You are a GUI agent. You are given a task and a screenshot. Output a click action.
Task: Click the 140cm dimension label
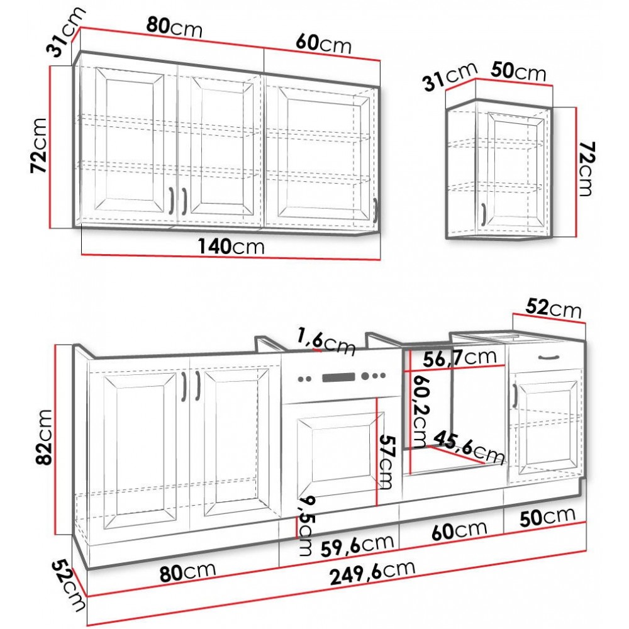click(x=231, y=246)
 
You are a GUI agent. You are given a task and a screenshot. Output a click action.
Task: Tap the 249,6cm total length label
click(x=372, y=572)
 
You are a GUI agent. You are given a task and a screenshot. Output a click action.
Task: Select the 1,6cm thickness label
click(x=326, y=342)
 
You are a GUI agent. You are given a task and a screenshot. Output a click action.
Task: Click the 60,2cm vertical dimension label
click(x=420, y=411)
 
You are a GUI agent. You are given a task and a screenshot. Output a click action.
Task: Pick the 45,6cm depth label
click(x=469, y=447)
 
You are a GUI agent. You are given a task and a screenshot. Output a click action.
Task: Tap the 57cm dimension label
click(x=387, y=462)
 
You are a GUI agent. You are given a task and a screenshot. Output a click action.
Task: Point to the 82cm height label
click(x=44, y=437)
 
